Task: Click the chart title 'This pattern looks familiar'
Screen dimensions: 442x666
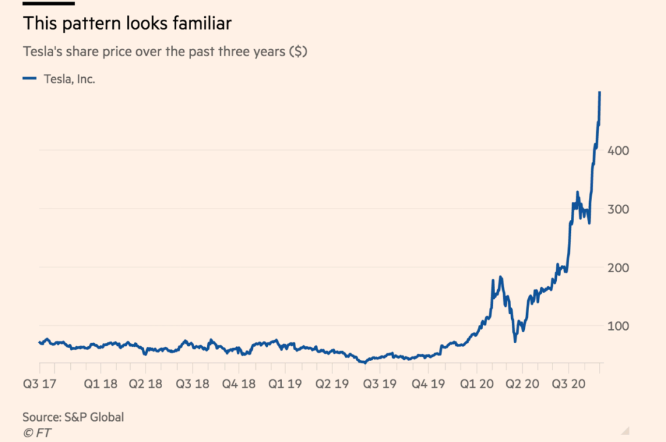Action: pyautogui.click(x=127, y=24)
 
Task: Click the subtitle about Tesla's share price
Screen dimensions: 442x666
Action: pyautogui.click(x=165, y=51)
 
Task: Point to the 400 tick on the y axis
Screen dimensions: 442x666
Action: pyautogui.click(x=618, y=151)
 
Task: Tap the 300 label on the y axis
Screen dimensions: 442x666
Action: pyautogui.click(x=618, y=209)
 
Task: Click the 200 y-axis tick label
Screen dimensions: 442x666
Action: pyautogui.click(x=618, y=268)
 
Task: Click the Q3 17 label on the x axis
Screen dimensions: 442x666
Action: pyautogui.click(x=40, y=384)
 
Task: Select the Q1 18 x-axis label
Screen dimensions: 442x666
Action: pyautogui.click(x=101, y=384)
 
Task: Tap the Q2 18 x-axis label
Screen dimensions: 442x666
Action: pyautogui.click(x=146, y=384)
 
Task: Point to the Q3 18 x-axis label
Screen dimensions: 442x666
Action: pyautogui.click(x=192, y=384)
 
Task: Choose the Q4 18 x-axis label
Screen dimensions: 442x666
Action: pyautogui.click(x=239, y=384)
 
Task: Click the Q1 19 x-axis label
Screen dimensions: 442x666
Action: pyautogui.click(x=285, y=384)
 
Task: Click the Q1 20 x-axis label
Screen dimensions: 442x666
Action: pyautogui.click(x=476, y=384)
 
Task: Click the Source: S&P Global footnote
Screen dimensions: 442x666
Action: pyautogui.click(x=73, y=417)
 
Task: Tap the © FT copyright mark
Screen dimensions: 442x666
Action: pyautogui.click(x=36, y=433)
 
